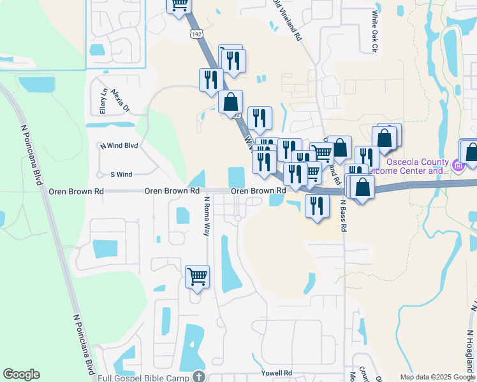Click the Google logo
(x=21, y=374)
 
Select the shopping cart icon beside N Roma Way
(x=198, y=276)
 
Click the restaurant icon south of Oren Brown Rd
(x=317, y=206)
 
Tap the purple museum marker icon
(x=457, y=167)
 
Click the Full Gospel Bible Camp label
(x=145, y=378)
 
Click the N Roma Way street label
(x=207, y=216)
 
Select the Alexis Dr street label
(x=120, y=101)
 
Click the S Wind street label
(x=121, y=174)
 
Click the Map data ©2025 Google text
(x=436, y=377)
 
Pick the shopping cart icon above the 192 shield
(x=179, y=5)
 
